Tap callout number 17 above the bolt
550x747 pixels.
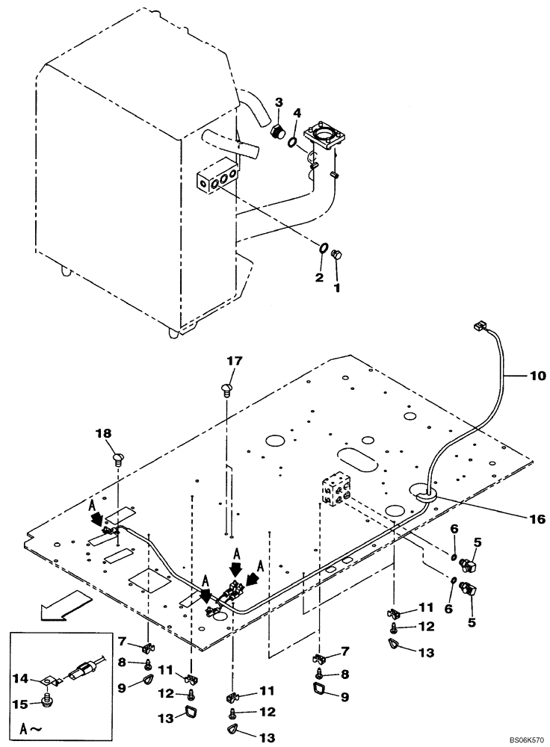pyautogui.click(x=235, y=361)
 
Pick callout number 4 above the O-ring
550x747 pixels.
pyautogui.click(x=297, y=113)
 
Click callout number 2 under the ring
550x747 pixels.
pyautogui.click(x=319, y=277)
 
